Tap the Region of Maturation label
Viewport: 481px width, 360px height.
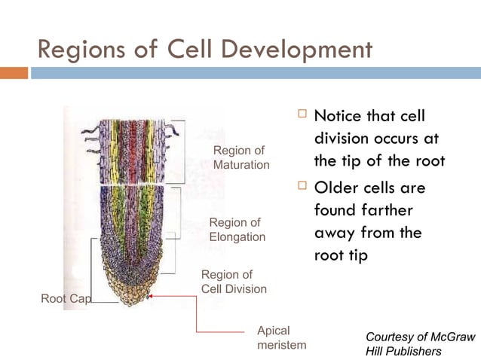coord(240,157)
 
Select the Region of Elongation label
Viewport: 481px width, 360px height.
coord(237,230)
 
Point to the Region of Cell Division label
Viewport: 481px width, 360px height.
coord(233,282)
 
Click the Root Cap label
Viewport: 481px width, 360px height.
coord(65,299)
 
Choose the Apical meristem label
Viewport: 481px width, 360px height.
coord(281,337)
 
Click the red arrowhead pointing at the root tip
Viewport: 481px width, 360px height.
coord(151,297)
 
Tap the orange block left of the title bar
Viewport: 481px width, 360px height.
coord(14,73)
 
